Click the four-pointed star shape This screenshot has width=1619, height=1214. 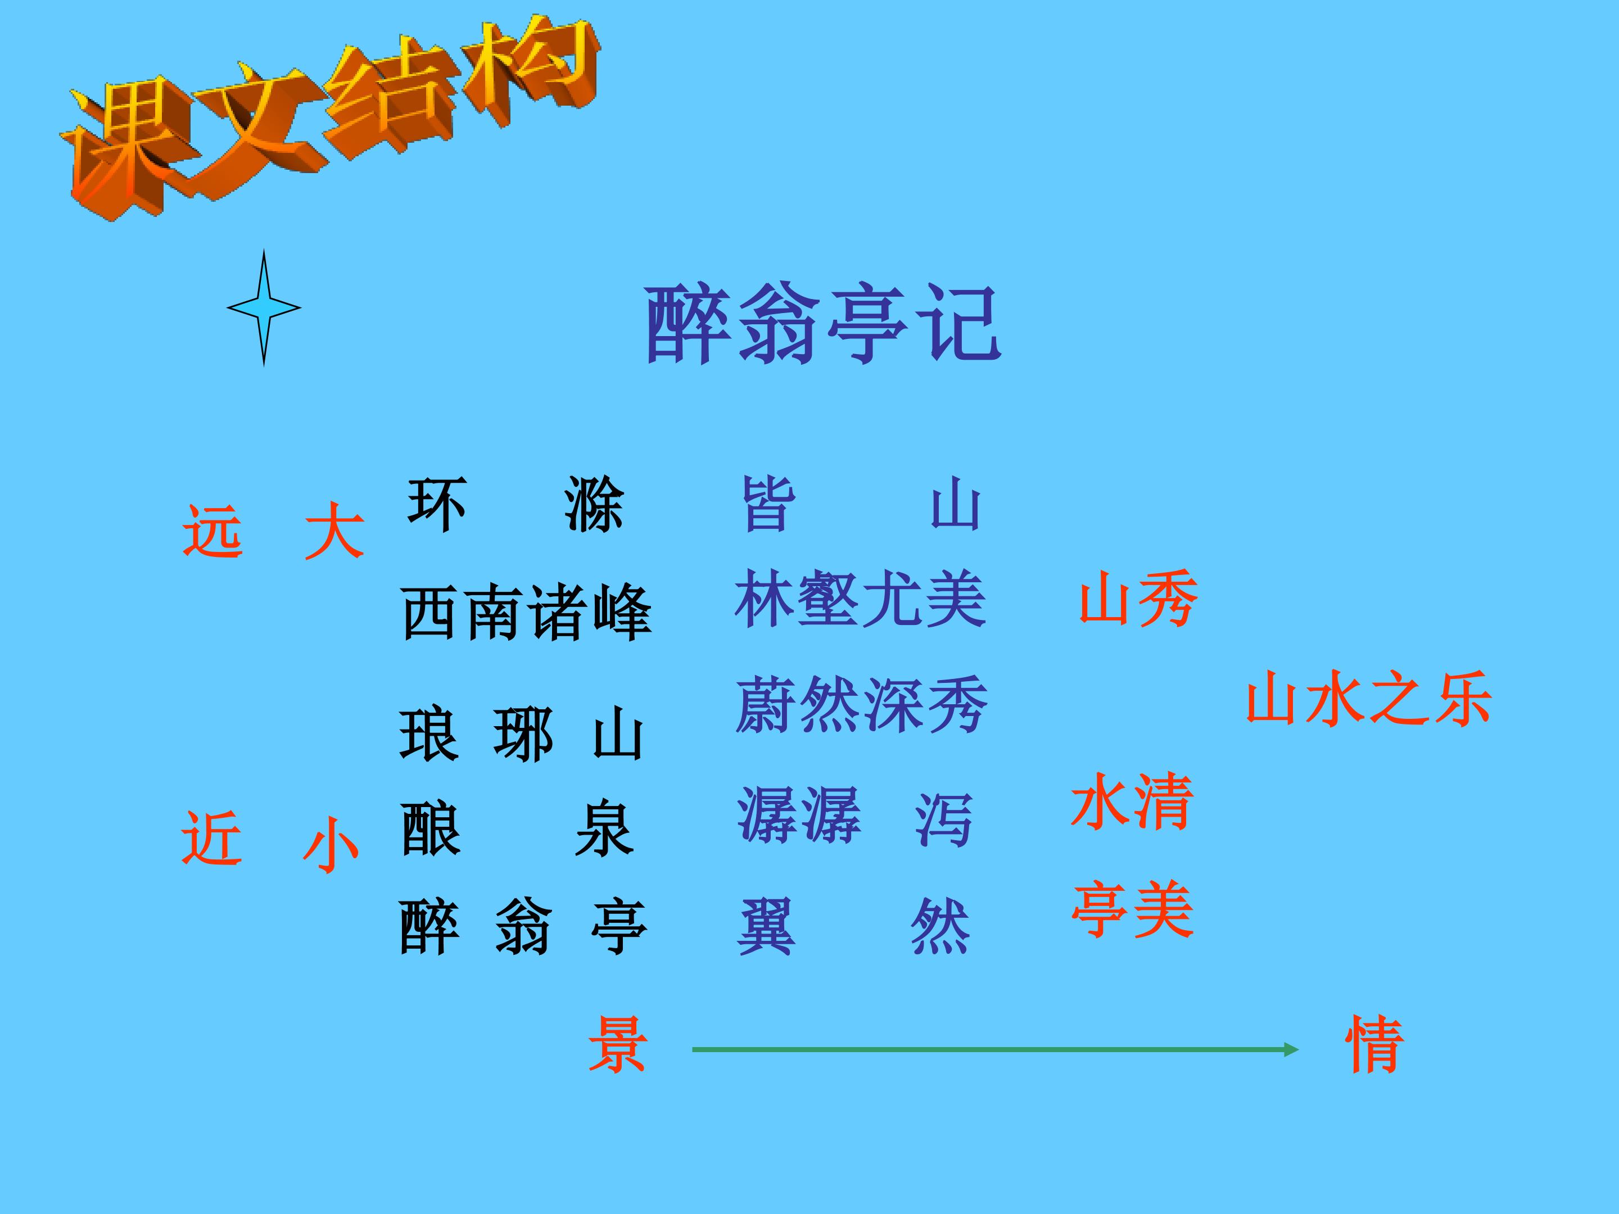(x=264, y=307)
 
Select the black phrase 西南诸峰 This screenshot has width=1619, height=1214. (x=526, y=613)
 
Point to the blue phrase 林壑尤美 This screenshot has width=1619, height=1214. (x=861, y=599)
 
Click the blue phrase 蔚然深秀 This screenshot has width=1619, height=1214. (x=861, y=705)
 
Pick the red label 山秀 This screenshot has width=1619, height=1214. (x=1138, y=599)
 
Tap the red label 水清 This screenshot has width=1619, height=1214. (x=1132, y=801)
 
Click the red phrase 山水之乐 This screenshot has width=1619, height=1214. (x=1369, y=698)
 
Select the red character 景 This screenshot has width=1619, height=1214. (x=617, y=1044)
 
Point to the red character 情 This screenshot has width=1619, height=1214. (x=1374, y=1044)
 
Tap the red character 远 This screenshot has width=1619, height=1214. (x=212, y=531)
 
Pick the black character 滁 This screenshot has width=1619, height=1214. (x=594, y=504)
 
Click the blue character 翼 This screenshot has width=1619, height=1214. (x=766, y=926)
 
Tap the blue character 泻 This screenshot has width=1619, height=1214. (x=943, y=819)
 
